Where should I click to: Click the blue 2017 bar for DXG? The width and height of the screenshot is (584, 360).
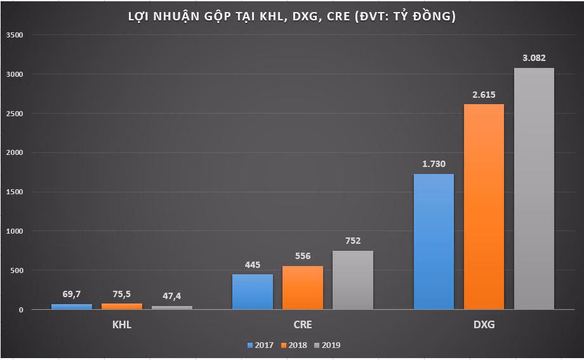434,241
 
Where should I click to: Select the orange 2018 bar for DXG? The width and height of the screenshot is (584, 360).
484,206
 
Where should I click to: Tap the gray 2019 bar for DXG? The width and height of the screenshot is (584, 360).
534,189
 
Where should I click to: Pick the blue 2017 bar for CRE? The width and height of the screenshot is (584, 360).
253,292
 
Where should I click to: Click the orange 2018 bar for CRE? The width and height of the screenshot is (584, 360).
303,288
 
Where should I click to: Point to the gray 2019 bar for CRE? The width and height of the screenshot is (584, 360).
353,280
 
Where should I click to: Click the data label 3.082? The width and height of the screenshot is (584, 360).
534,58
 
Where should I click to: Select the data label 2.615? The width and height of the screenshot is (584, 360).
484,94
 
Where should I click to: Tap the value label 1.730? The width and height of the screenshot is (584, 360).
434,164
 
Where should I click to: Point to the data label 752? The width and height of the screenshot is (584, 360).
353,241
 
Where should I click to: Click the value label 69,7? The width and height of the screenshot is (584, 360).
72,294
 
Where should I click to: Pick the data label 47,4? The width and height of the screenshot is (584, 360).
172,296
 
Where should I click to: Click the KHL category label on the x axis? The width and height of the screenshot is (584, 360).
121,325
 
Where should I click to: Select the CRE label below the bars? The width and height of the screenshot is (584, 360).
303,325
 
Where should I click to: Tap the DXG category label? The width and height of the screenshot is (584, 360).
484,325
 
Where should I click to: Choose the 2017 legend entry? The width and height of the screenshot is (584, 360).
260,345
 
